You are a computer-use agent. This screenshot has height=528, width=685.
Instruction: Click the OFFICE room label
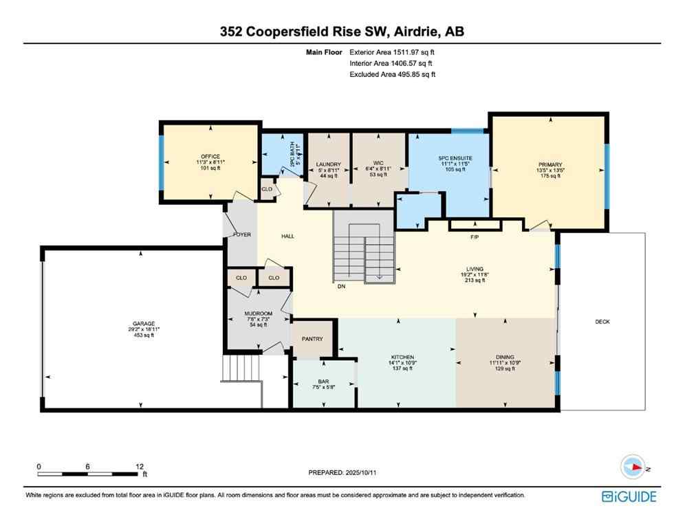pyautogui.click(x=210, y=156)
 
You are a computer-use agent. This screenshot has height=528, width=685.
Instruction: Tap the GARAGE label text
pyautogui.click(x=144, y=323)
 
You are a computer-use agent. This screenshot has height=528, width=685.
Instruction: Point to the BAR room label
pyautogui.click(x=323, y=381)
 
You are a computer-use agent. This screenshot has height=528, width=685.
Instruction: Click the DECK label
pyautogui.click(x=602, y=322)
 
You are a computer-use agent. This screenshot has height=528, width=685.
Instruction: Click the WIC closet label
pyautogui.click(x=368, y=164)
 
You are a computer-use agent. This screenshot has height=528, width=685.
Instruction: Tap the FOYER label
pyautogui.click(x=242, y=234)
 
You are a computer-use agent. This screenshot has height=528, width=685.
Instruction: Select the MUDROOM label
pyautogui.click(x=259, y=314)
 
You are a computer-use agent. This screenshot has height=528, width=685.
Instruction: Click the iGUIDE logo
pyautogui.click(x=629, y=496)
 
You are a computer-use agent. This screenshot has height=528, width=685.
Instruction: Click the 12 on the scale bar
pyautogui.click(x=140, y=466)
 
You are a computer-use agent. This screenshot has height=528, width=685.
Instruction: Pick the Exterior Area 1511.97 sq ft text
pyautogui.click(x=392, y=52)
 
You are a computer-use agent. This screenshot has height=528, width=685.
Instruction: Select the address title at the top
pyautogui.click(x=342, y=31)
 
